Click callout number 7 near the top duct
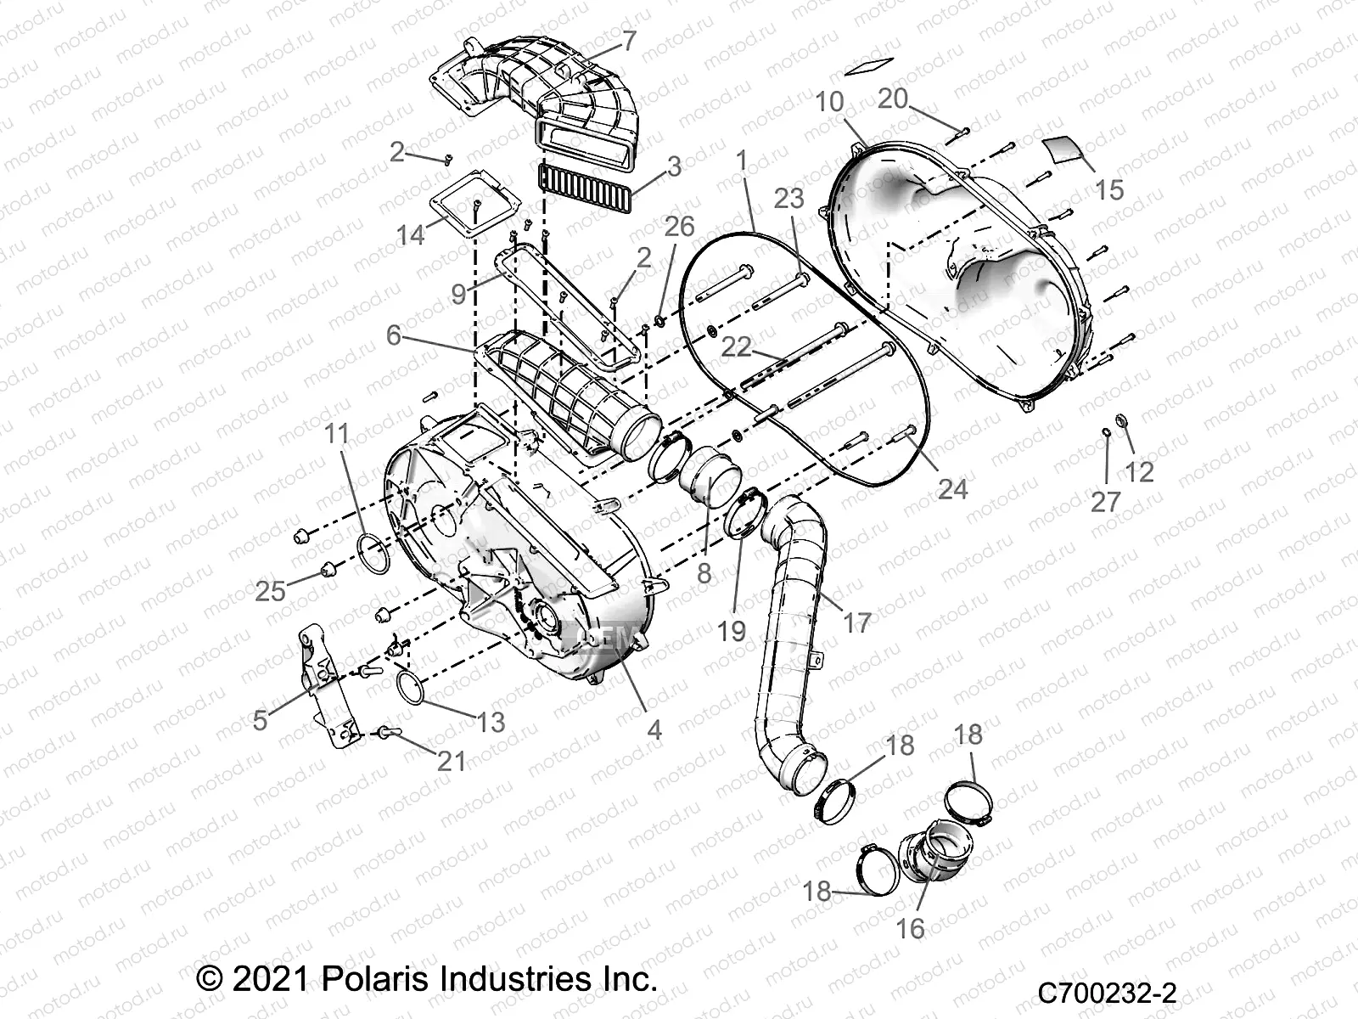[x=629, y=41]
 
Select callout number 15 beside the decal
[x=1109, y=189]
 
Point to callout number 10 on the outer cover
[x=830, y=102]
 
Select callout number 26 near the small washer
[x=679, y=226]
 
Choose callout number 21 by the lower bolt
[x=451, y=760]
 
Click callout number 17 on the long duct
[x=857, y=622]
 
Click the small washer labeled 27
[x=1107, y=434]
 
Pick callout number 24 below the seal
[x=952, y=488]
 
